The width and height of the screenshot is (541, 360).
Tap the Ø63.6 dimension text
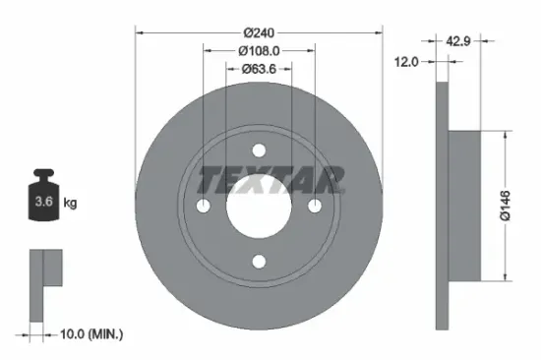(259, 69)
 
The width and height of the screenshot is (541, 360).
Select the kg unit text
(71, 204)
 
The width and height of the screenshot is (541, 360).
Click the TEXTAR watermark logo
(272, 179)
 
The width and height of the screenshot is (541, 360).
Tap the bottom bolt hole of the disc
(259, 261)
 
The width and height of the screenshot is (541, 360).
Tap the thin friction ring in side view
(441, 207)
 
